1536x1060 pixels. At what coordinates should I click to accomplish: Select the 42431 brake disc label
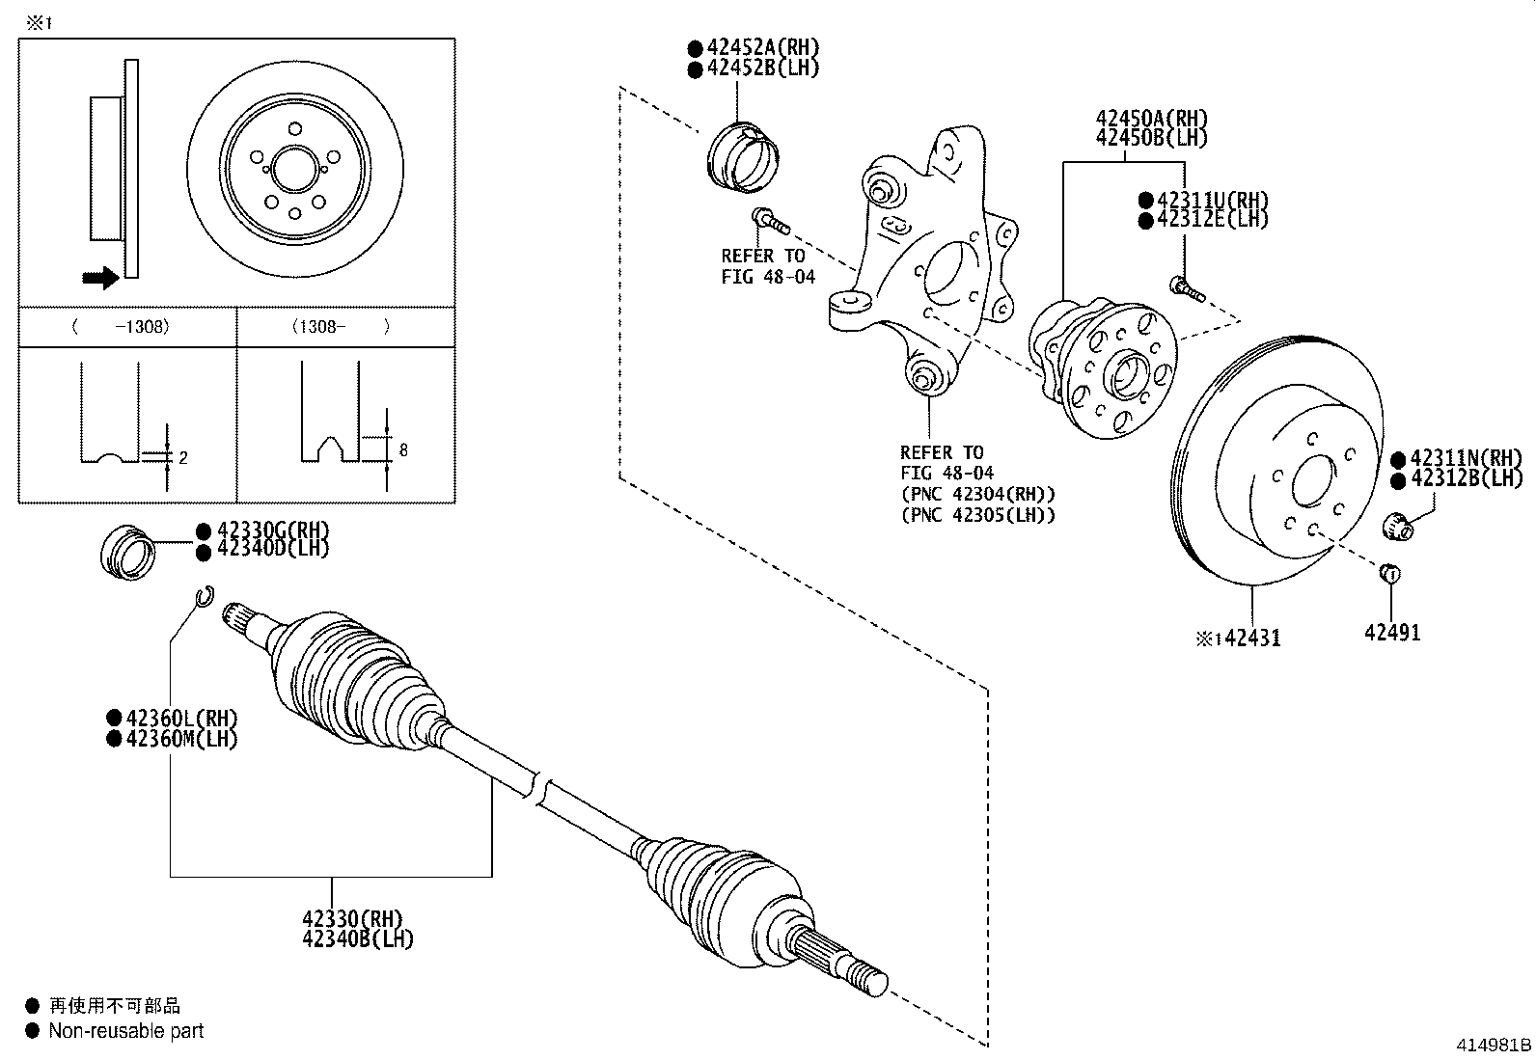1251,639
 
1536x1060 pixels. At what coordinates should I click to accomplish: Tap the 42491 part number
1391,633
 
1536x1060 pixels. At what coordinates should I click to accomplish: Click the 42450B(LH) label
1151,137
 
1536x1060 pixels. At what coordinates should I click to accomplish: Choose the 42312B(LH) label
1465,478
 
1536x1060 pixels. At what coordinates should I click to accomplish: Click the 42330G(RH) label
273,530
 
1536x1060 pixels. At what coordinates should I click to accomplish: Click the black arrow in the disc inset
99,278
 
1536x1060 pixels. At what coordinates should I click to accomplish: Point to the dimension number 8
402,450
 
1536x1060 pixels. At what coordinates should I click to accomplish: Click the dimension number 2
182,457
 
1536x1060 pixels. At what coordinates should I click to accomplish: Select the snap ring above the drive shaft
204,598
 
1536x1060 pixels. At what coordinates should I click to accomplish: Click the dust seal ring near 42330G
127,554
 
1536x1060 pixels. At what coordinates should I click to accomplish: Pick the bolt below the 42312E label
1186,287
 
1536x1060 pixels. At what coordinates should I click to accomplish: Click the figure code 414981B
1494,1046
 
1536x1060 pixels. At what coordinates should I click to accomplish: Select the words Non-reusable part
126,1031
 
